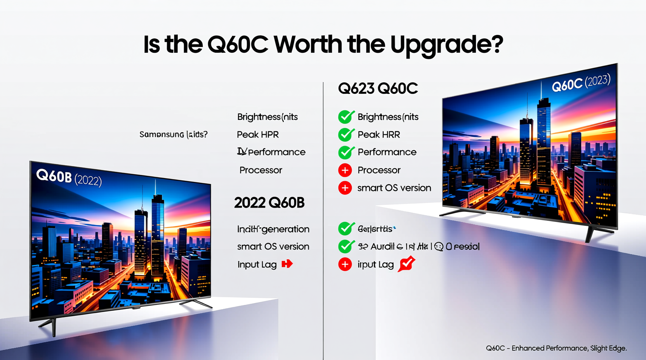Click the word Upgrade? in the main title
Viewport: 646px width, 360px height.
446,45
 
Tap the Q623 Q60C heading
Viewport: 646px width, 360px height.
378,88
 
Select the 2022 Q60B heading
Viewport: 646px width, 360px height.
269,202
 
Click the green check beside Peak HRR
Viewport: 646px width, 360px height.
346,135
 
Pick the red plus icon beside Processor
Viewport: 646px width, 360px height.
345,170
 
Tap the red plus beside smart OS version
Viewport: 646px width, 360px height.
345,188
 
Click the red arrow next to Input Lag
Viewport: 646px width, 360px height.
287,264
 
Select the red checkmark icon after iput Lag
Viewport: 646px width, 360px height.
406,264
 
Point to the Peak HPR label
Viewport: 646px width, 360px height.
258,135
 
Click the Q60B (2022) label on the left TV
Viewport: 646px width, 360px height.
69,178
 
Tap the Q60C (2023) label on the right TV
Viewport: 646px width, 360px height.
581,83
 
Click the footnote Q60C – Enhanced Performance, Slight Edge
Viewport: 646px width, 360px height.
556,348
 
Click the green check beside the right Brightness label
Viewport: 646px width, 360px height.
346,117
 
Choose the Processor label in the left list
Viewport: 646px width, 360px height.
260,170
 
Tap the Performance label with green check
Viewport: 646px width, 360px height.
387,152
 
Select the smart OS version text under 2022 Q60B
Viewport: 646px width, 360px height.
273,247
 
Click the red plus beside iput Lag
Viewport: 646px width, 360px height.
345,264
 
